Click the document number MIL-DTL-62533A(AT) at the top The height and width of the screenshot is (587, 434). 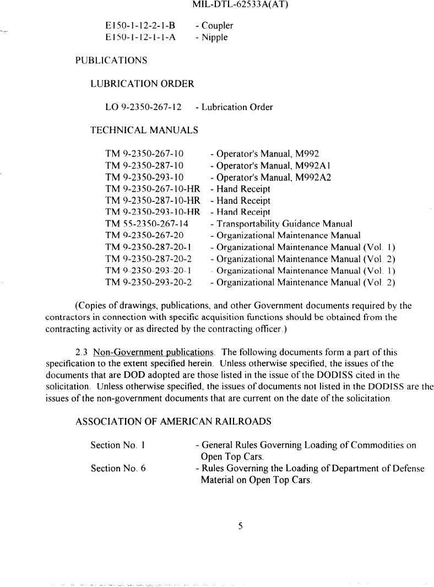click(241, 5)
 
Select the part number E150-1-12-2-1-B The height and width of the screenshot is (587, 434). click(140, 26)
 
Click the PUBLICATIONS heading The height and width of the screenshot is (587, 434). click(111, 61)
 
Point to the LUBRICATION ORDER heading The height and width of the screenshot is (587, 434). click(142, 84)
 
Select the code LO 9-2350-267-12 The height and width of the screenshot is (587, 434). click(143, 107)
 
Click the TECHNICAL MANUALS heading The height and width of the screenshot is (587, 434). click(144, 131)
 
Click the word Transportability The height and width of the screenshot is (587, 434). click(246, 224)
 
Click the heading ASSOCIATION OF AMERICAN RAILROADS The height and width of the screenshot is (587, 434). click(173, 422)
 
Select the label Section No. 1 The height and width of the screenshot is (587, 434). click(117, 445)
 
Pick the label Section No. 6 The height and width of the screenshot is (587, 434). click(118, 469)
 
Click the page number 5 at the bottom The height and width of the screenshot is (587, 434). click(240, 526)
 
